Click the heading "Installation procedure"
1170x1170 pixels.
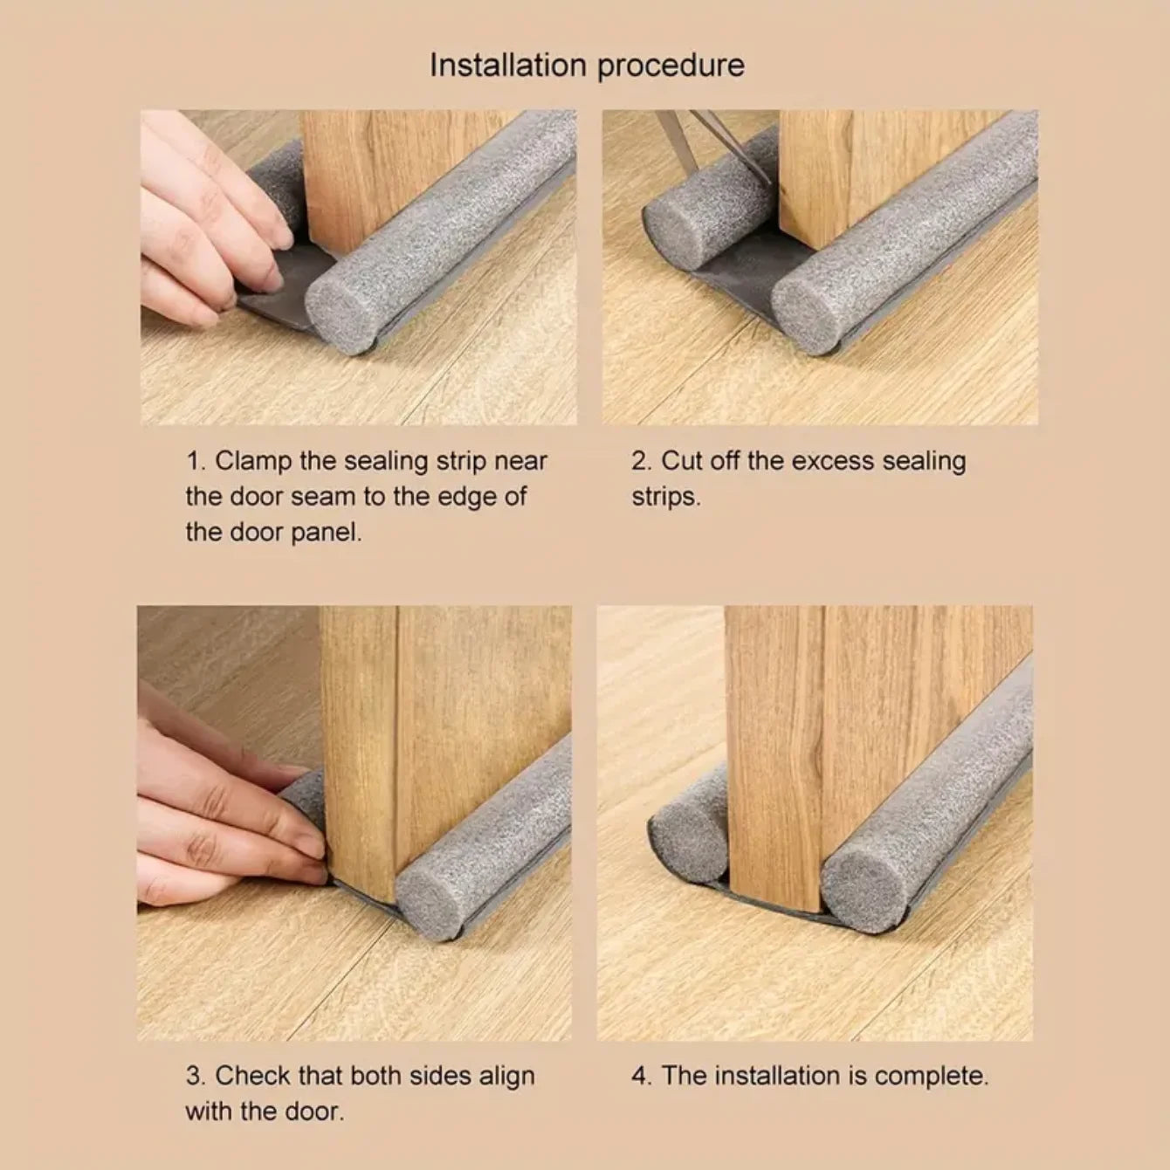587,65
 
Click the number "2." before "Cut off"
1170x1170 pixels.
642,461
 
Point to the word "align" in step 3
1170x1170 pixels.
506,1076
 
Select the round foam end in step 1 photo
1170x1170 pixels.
341,313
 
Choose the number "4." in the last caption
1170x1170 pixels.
642,1076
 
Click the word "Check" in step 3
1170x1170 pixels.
252,1076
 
